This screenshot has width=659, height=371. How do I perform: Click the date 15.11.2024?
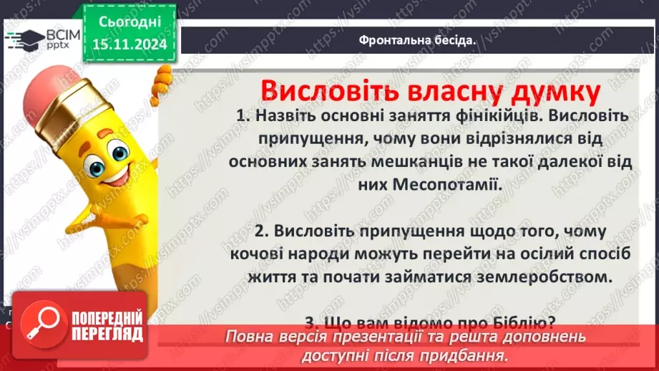[130, 45]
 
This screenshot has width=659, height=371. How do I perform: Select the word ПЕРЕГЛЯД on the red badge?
[107, 334]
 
